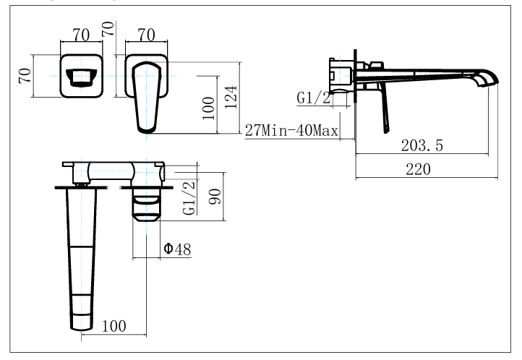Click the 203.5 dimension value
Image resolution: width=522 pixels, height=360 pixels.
pyautogui.click(x=422, y=145)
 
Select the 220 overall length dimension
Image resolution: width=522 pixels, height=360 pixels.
pyautogui.click(x=418, y=169)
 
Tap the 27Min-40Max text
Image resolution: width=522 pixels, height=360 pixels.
pyautogui.click(x=292, y=131)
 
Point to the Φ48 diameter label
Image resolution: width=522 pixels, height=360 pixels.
pyautogui.click(x=176, y=249)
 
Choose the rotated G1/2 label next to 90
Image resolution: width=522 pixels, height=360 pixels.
pyautogui.click(x=189, y=198)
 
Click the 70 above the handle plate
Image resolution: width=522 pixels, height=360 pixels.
pyautogui.click(x=147, y=33)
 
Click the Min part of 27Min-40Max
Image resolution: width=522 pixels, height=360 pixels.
pyautogui.click(x=279, y=131)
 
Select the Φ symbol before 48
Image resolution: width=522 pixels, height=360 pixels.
pyautogui.click(x=168, y=249)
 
